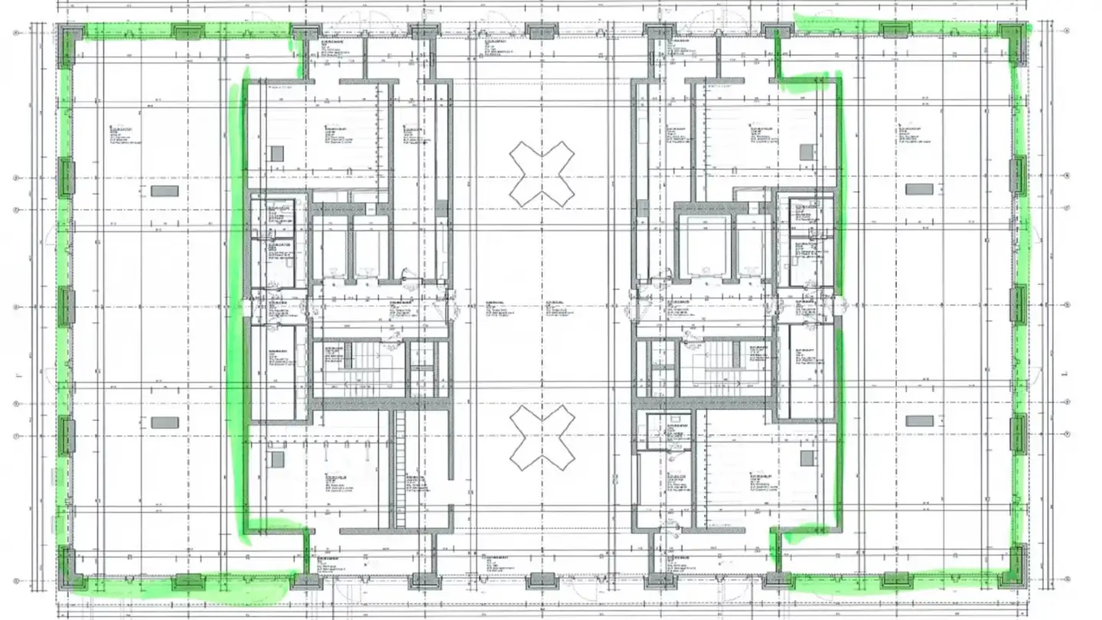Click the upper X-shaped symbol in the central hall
pyautogui.click(x=542, y=174)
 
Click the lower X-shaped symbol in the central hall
pyautogui.click(x=542, y=438)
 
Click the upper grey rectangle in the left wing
pyautogui.click(x=165, y=191)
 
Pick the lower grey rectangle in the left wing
pyautogui.click(x=165, y=422)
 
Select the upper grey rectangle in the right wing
pyautogui.click(x=919, y=189)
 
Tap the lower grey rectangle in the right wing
pyautogui.click(x=919, y=421)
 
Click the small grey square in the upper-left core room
pyautogui.click(x=276, y=152)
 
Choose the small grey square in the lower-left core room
pyautogui.click(x=276, y=459)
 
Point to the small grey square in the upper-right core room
pyautogui.click(x=807, y=152)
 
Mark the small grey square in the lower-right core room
pyautogui.click(x=807, y=458)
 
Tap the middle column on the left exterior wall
pyautogui.click(x=67, y=305)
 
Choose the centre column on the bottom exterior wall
pyautogui.click(x=542, y=579)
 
